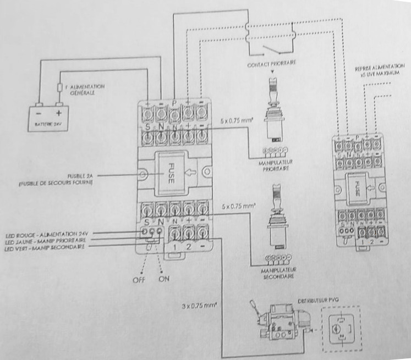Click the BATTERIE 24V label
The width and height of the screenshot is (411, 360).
tap(46, 126)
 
